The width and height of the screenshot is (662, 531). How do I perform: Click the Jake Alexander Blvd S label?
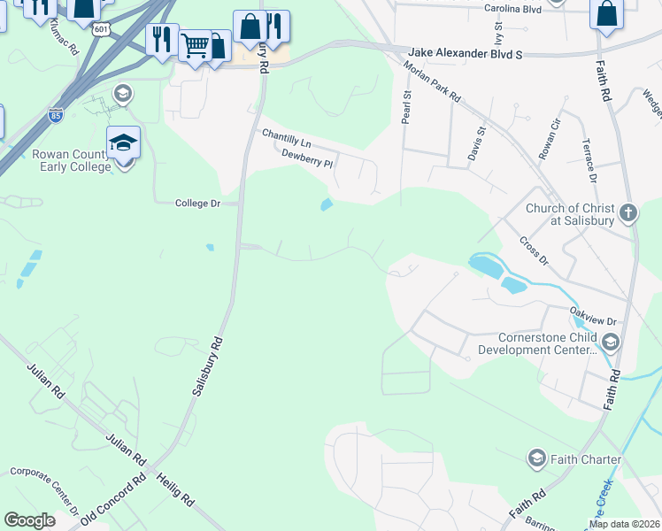click(466, 54)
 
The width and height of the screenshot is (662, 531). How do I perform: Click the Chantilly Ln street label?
click(287, 138)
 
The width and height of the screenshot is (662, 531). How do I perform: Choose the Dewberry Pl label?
click(306, 158)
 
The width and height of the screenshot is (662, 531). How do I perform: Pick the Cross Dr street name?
click(534, 251)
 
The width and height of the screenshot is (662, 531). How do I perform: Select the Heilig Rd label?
click(175, 488)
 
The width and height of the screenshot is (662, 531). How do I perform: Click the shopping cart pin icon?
click(195, 44)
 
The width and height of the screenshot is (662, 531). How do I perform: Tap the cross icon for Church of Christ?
click(627, 212)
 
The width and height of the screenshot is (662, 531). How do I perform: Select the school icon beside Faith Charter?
click(535, 458)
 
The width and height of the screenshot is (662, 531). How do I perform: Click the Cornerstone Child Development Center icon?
click(609, 342)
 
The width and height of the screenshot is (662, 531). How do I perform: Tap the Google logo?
click(29, 520)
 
